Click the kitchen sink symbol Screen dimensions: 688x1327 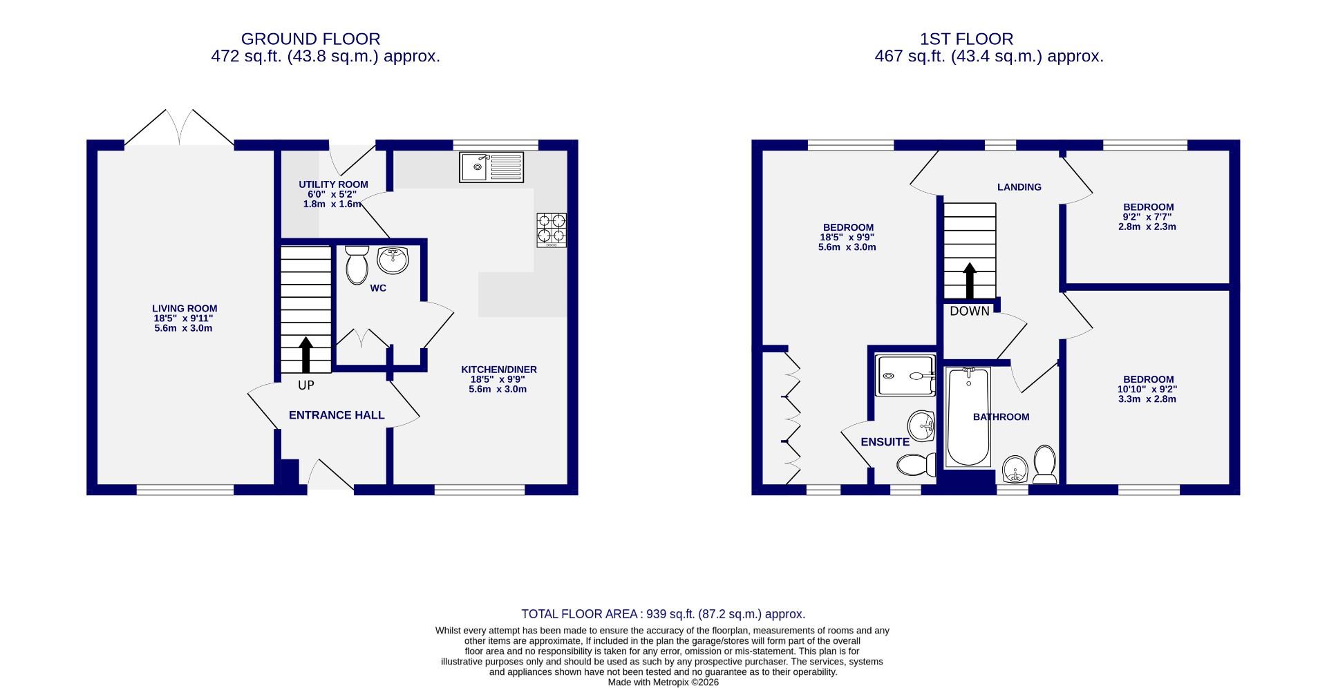[x=492, y=166]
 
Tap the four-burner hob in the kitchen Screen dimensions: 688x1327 [x=552, y=230]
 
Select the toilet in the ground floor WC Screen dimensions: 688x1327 [x=357, y=265]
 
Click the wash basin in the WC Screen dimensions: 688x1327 [x=393, y=260]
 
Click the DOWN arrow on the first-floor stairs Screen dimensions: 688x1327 [x=970, y=280]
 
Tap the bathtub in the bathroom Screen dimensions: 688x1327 [x=968, y=417]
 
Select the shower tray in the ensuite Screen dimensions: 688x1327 [x=905, y=376]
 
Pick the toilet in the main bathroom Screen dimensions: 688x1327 [x=1044, y=464]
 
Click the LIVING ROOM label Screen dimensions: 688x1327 [x=185, y=309]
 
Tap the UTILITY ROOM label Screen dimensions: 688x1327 [x=333, y=184]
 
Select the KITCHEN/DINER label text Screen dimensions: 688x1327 [x=498, y=370]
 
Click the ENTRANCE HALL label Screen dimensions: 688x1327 [x=337, y=415]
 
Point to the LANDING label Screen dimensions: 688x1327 [x=1019, y=187]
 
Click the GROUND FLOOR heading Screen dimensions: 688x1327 [x=310, y=39]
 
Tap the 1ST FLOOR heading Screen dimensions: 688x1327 [x=966, y=39]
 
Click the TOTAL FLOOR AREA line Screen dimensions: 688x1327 [x=663, y=614]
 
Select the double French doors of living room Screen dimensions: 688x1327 [x=180, y=128]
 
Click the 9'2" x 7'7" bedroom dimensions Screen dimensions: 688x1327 [x=1148, y=217]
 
